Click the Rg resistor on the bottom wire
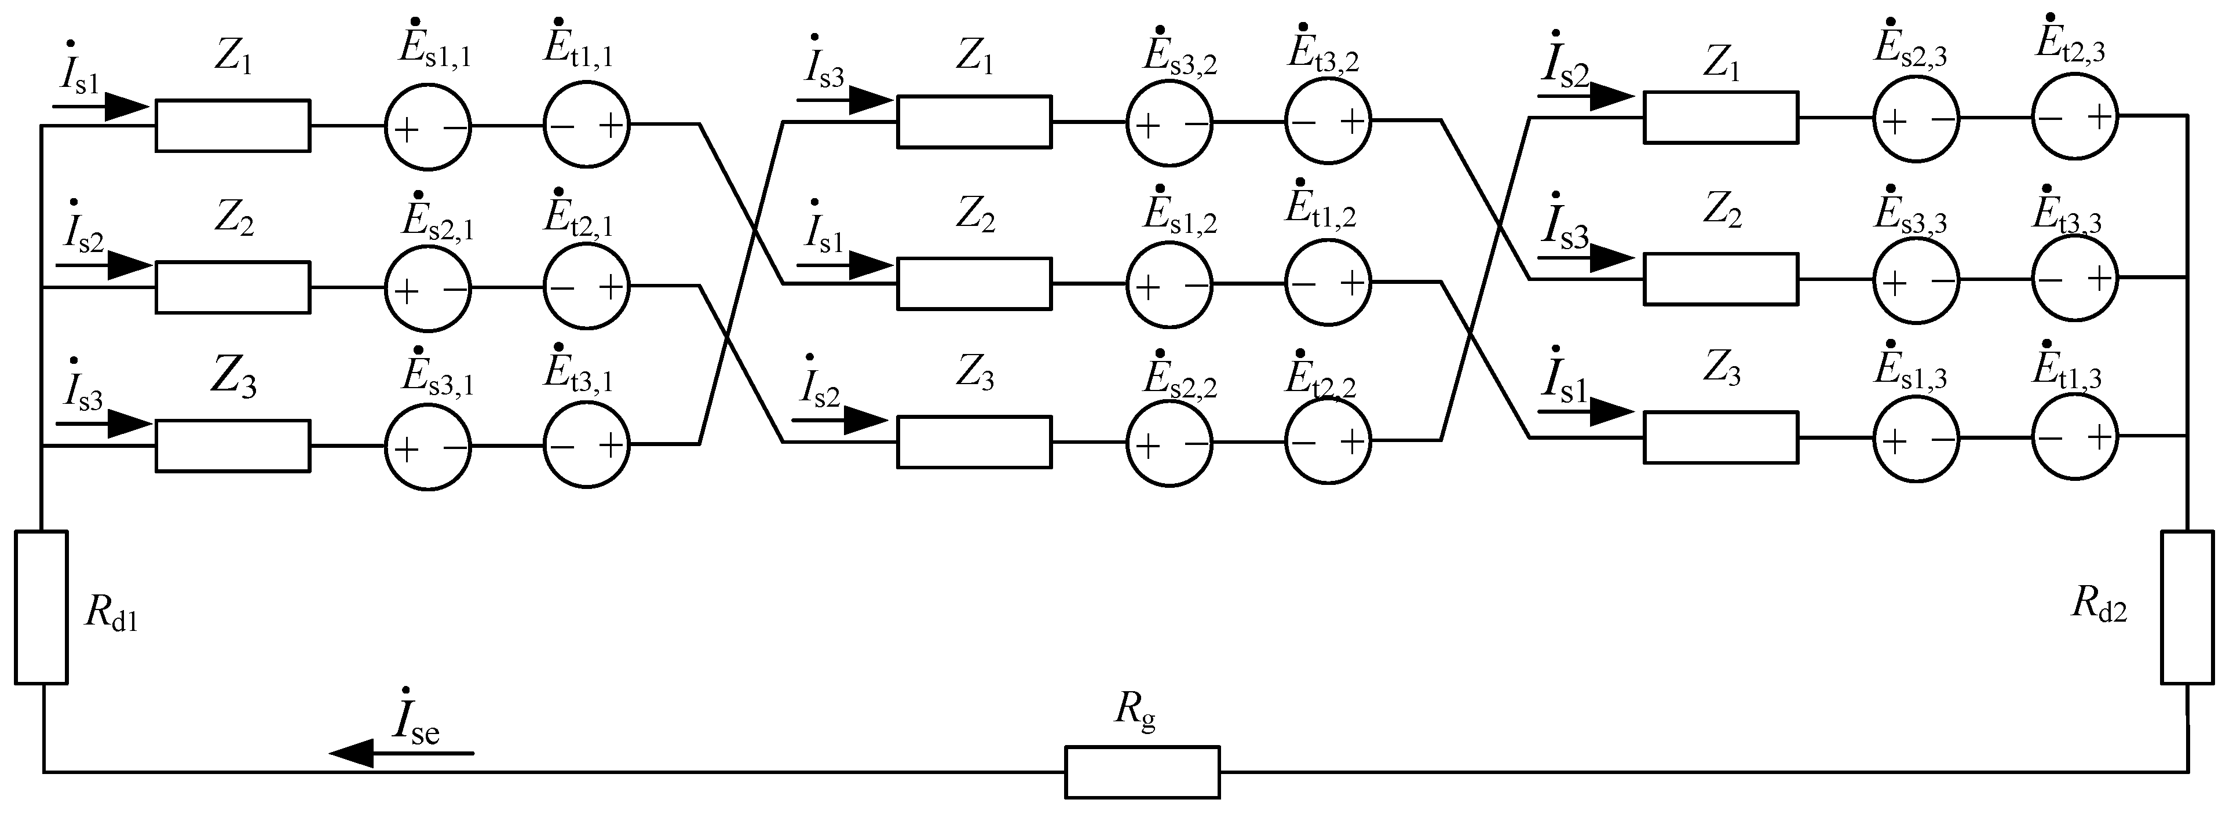1142,772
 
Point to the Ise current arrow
401,753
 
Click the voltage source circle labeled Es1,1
427,126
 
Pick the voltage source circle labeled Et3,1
587,445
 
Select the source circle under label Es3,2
1170,123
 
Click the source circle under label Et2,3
2075,117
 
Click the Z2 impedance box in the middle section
974,283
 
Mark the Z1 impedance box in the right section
1721,117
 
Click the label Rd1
111,613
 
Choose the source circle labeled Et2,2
1328,441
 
